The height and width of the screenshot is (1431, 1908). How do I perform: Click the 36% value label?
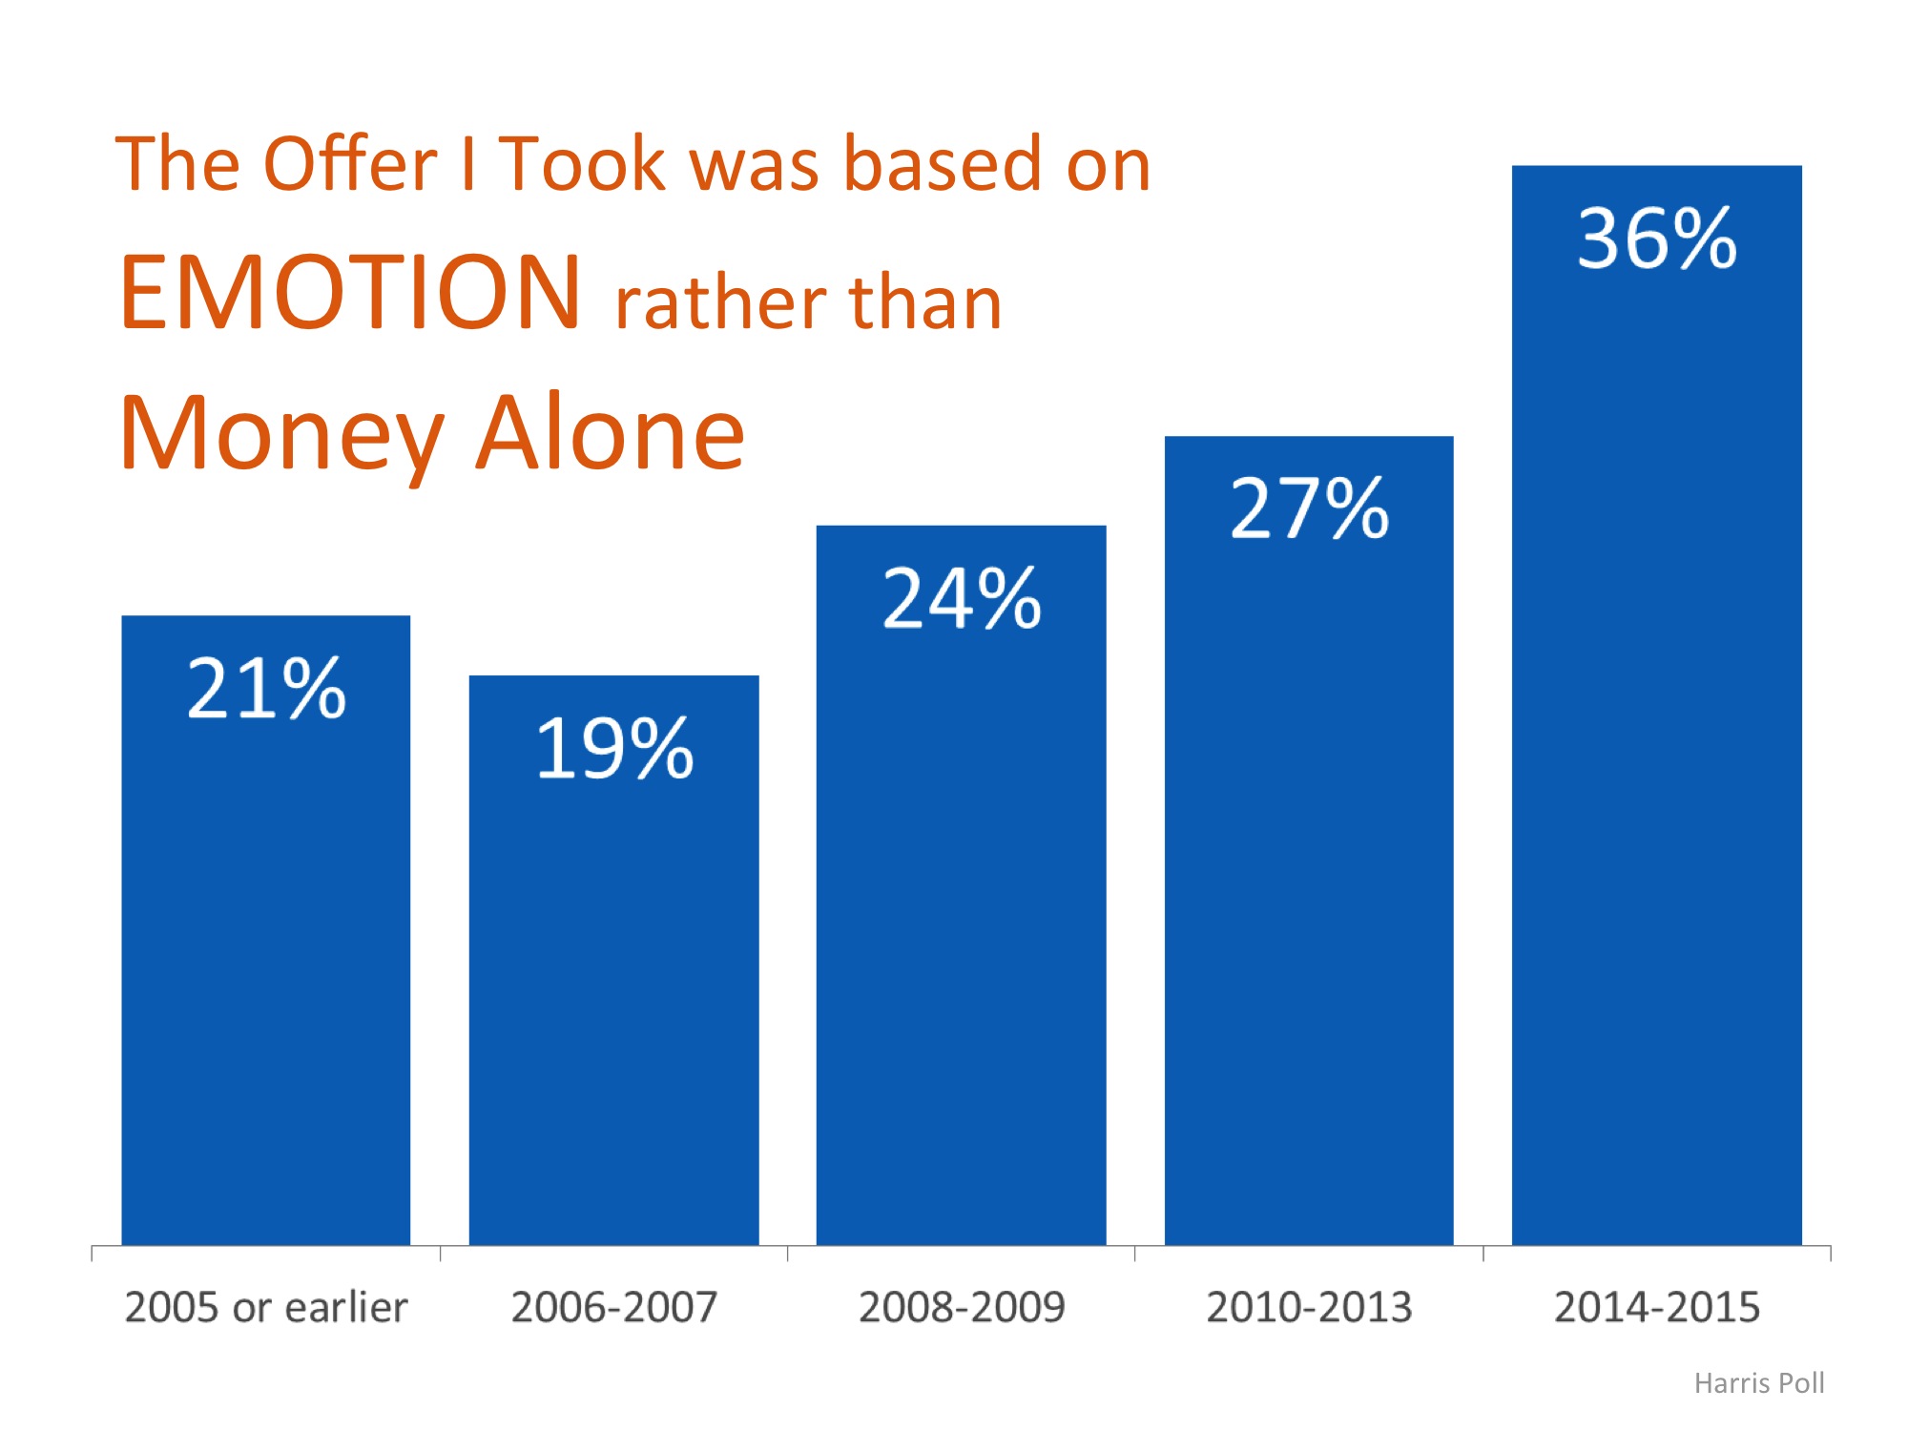[1657, 238]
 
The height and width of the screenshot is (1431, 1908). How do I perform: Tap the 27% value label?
[1310, 508]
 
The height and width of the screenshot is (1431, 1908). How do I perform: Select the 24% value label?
[962, 598]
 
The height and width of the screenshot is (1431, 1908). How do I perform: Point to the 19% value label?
[614, 748]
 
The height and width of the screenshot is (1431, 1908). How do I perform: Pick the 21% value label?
[266, 688]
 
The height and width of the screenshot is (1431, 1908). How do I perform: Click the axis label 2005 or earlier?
[266, 1307]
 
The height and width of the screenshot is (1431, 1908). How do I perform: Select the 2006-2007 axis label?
[614, 1307]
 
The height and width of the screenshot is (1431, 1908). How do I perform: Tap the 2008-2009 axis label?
[962, 1307]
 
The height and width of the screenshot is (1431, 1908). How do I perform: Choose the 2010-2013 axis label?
[1309, 1307]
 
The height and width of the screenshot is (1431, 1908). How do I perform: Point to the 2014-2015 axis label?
[1657, 1307]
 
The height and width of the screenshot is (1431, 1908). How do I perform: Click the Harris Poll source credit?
[1759, 1383]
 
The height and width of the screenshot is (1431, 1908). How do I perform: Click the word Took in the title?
[582, 163]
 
